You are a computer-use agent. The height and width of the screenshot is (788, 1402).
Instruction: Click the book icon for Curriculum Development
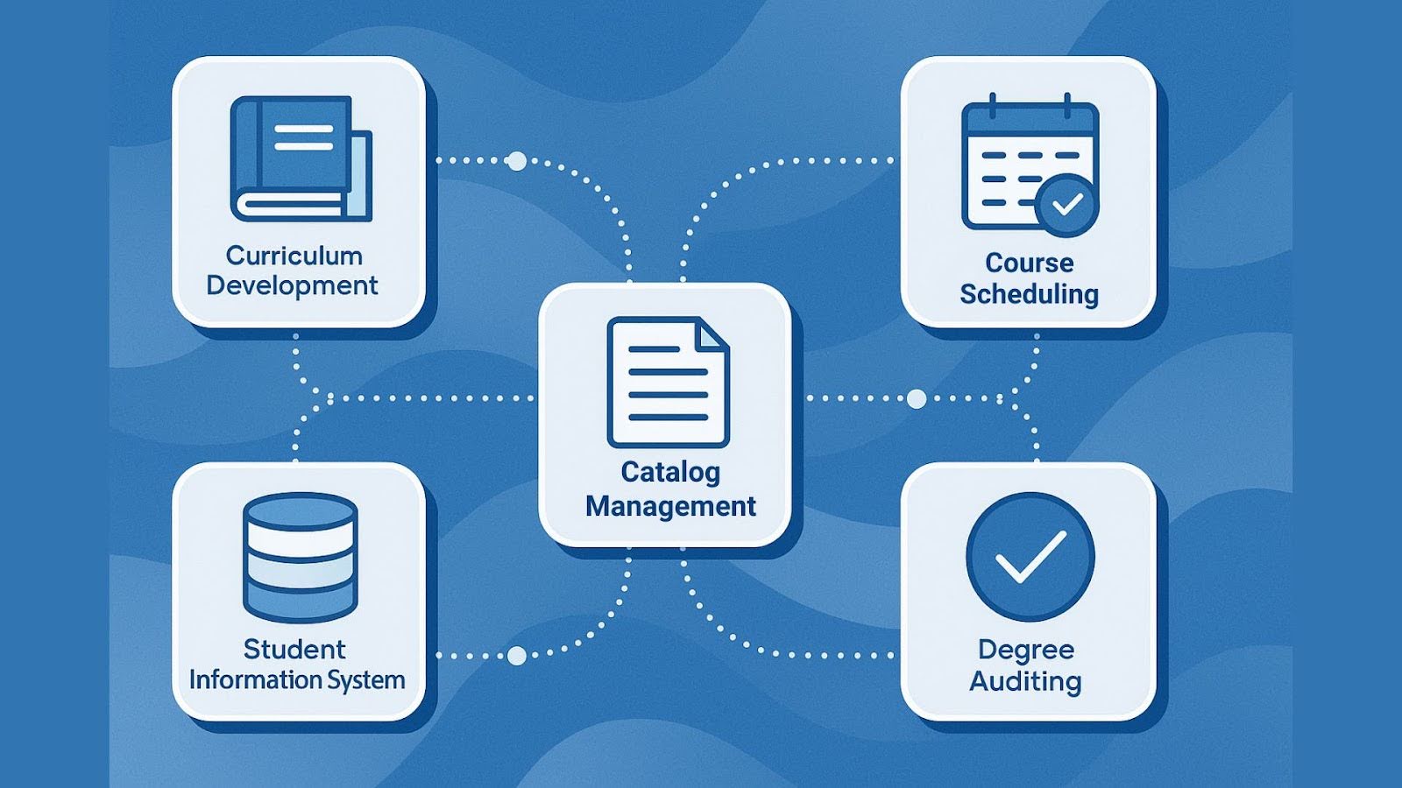coord(300,158)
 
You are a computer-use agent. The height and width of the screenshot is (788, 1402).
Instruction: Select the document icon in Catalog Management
coord(668,383)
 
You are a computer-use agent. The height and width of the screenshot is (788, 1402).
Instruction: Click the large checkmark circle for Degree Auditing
coord(1030,557)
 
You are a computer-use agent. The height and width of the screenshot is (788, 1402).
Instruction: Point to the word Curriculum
coord(294,256)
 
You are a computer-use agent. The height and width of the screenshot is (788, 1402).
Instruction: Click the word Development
coord(292,285)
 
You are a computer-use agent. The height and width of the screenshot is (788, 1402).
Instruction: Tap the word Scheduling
coord(1029,294)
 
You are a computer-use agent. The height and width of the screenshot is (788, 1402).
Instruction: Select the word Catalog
coord(670,472)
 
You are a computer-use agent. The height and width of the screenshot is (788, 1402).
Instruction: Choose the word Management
coord(670,506)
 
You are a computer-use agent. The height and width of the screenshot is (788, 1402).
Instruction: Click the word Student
coord(294,649)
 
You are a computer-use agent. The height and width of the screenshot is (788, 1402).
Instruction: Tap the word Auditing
coord(1025,681)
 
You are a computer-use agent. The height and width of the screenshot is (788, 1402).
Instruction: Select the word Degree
coord(1025,650)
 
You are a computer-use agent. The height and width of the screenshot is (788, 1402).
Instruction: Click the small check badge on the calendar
coord(1066,205)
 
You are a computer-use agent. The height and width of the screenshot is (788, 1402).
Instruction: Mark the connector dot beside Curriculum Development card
coord(517,161)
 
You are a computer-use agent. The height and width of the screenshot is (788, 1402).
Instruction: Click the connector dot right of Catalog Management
coord(917,399)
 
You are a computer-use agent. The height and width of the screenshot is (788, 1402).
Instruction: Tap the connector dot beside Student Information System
coord(517,655)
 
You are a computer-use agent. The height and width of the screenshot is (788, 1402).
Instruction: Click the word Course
coord(1029,263)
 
